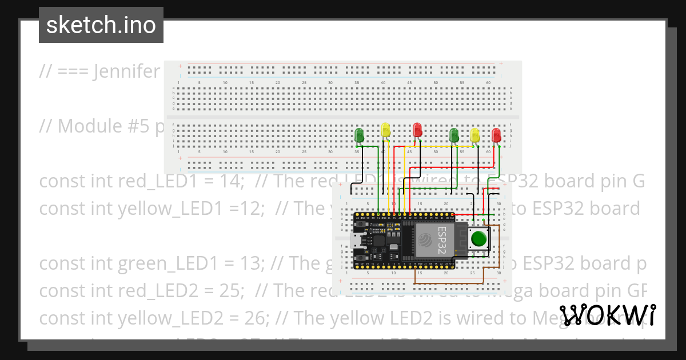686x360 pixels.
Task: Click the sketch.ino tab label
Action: click(x=101, y=25)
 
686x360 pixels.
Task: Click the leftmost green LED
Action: click(x=360, y=135)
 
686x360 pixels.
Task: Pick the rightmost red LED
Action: click(x=496, y=135)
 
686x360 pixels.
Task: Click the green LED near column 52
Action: click(x=454, y=135)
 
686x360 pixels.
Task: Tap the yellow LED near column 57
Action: click(x=475, y=135)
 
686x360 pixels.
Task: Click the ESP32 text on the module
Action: click(x=442, y=240)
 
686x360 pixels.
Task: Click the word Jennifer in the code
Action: click(x=127, y=71)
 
